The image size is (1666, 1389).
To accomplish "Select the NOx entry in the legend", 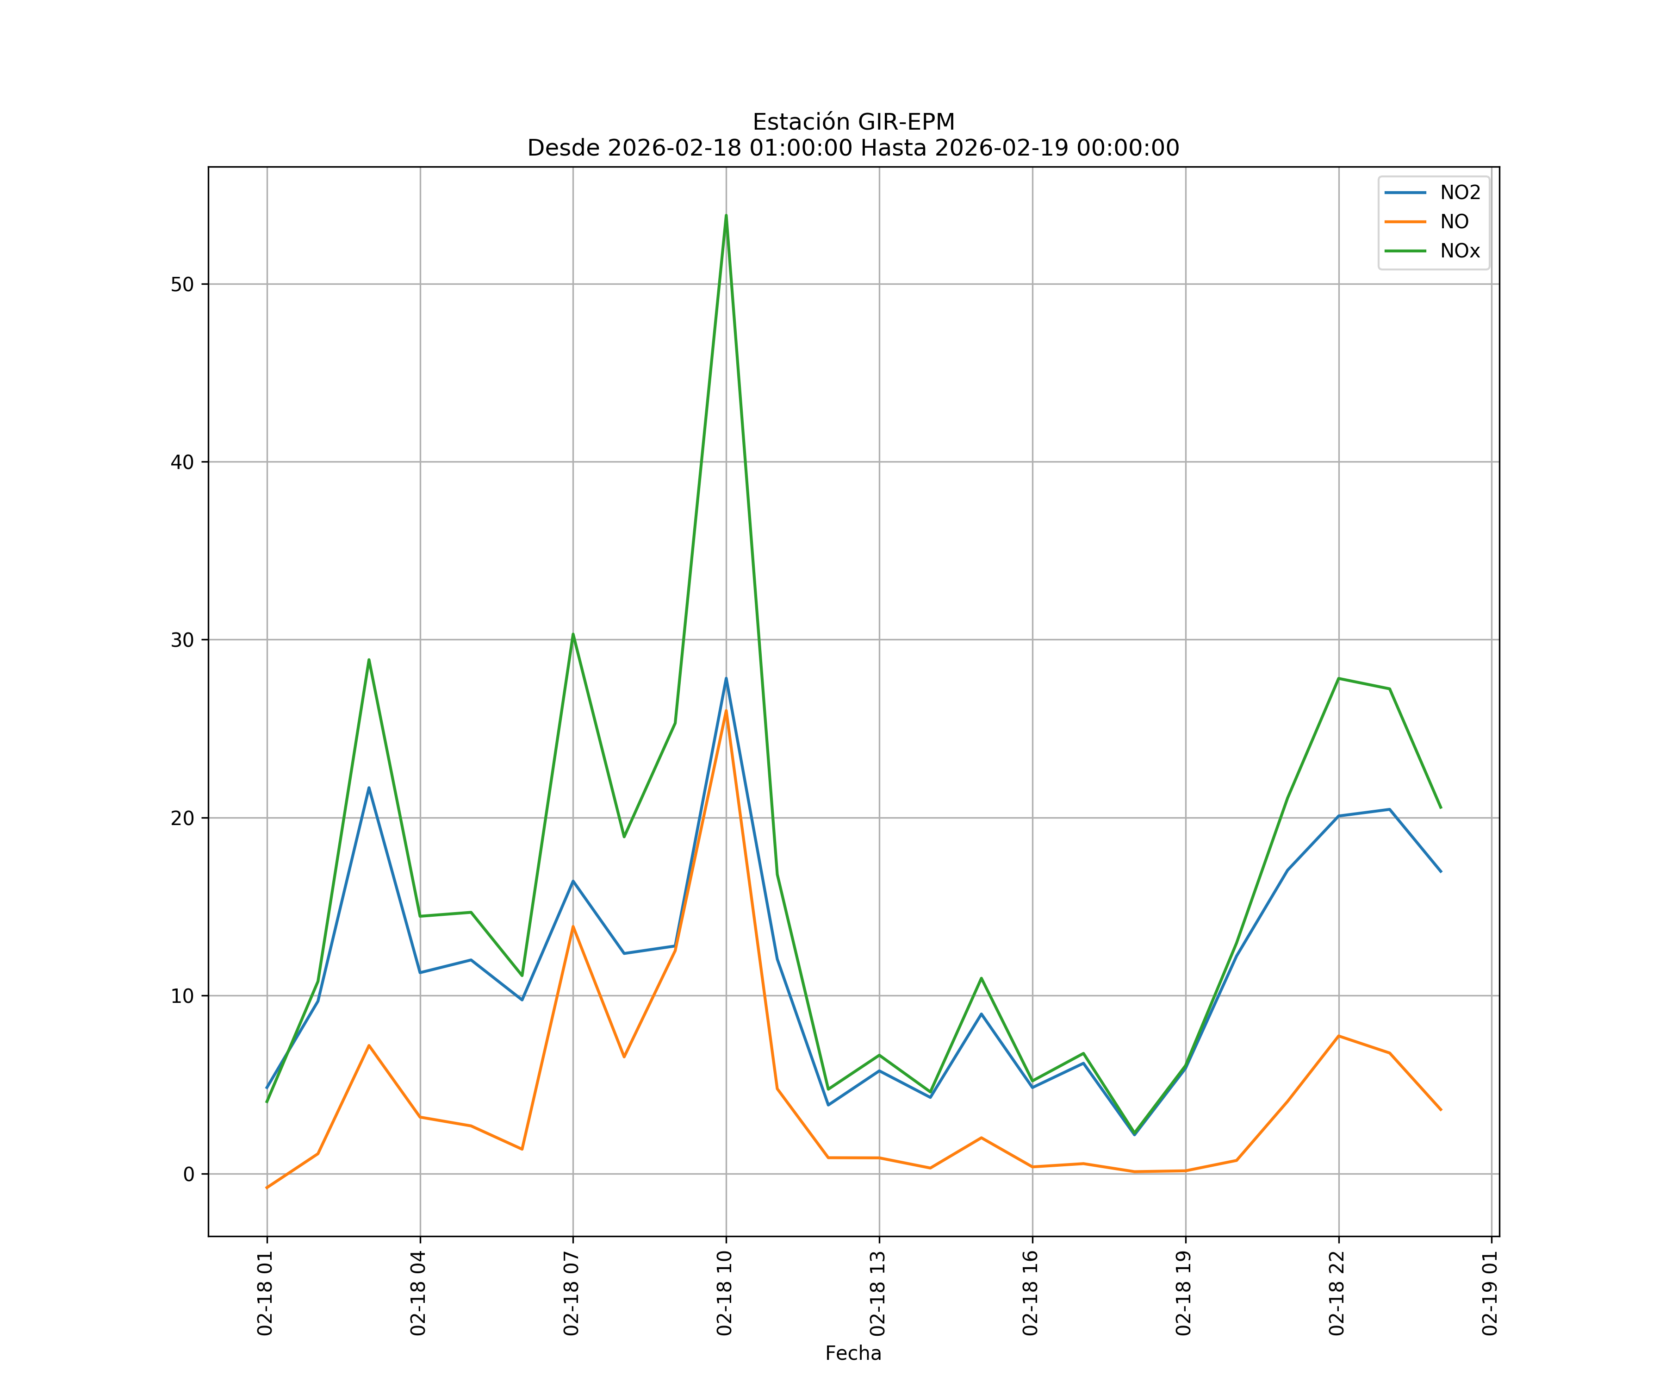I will pyautogui.click(x=1460, y=251).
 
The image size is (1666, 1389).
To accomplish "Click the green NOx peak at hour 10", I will pyautogui.click(x=726, y=216).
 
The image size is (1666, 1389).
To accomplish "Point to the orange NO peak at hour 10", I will pyautogui.click(x=726, y=710).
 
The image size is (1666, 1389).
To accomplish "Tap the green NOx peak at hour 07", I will pyautogui.click(x=573, y=634).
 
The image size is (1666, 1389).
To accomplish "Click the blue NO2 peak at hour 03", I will pyautogui.click(x=369, y=788).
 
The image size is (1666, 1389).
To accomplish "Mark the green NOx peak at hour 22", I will pyautogui.click(x=1338, y=679).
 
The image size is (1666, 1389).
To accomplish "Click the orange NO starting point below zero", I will pyautogui.click(x=267, y=1188).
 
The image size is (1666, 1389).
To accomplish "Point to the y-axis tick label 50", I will pyautogui.click(x=182, y=284).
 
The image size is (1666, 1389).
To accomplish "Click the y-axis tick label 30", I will pyautogui.click(x=182, y=640).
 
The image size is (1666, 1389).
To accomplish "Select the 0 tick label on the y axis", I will pyautogui.click(x=189, y=1174).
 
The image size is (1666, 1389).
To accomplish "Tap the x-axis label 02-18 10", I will pyautogui.click(x=724, y=1293).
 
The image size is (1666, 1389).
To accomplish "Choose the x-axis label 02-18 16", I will pyautogui.click(x=1031, y=1293).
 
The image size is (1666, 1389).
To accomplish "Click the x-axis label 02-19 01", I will pyautogui.click(x=1490, y=1293).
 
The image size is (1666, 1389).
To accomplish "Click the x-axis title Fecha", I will pyautogui.click(x=853, y=1353).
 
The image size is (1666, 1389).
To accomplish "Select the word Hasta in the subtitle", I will pyautogui.click(x=894, y=149).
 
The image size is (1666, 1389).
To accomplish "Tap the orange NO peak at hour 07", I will pyautogui.click(x=573, y=926).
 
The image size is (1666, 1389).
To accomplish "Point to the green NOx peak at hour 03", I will pyautogui.click(x=369, y=660).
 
